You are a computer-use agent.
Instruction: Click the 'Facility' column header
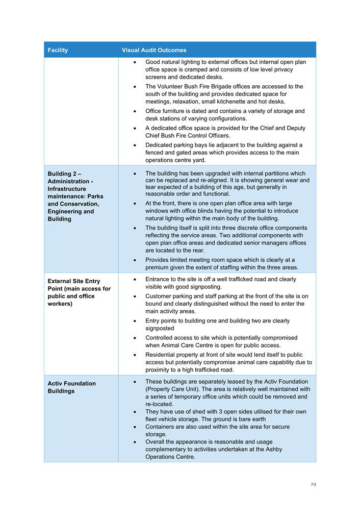(x=58, y=50)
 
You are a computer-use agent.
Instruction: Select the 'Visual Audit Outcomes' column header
(x=154, y=50)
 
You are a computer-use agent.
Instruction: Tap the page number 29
(x=313, y=484)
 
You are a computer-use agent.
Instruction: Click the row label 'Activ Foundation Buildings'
(x=71, y=387)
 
